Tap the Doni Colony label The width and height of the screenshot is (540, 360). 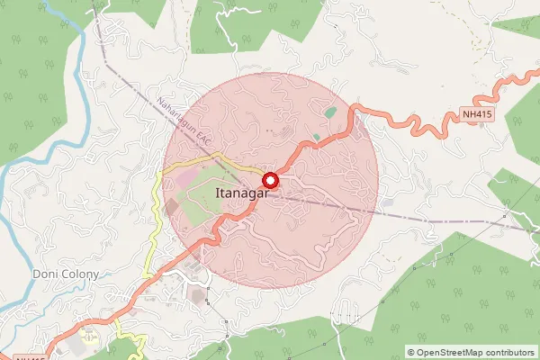59,274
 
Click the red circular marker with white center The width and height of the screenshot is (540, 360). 269,179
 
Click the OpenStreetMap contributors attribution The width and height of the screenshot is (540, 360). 471,352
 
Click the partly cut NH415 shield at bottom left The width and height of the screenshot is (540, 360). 27,357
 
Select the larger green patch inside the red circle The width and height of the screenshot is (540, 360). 331,113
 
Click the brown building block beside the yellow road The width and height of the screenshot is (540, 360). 171,208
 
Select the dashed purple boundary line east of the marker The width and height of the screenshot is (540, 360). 405,216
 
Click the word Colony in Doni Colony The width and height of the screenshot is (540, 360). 74,274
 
